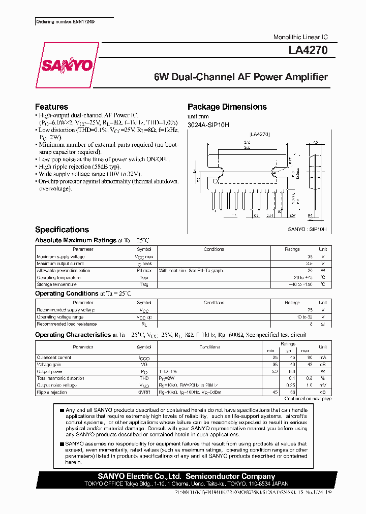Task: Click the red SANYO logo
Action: [x=67, y=66]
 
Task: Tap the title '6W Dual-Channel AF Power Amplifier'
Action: [x=240, y=77]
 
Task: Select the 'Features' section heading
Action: [x=51, y=107]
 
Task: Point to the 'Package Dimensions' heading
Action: [x=227, y=107]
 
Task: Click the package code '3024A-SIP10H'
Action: [x=208, y=124]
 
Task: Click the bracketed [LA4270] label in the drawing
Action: [x=260, y=135]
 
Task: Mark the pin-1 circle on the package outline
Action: [x=215, y=181]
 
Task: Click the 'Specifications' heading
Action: [x=62, y=230]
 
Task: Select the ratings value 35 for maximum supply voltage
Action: [x=295, y=256]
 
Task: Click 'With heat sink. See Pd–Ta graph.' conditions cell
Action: [x=191, y=271]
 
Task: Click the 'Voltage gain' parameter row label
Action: [x=50, y=364]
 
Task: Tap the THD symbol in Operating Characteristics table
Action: [x=144, y=378]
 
